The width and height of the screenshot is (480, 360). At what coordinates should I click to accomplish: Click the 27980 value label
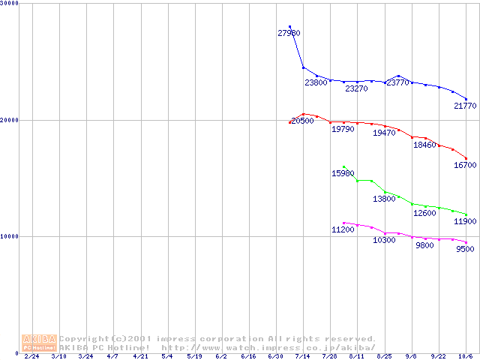(x=289, y=33)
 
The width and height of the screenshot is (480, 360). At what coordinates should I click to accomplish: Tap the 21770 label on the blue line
(x=465, y=106)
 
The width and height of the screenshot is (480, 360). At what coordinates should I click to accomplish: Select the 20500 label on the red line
(x=302, y=121)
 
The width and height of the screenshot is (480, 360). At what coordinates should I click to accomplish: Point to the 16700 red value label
(x=465, y=165)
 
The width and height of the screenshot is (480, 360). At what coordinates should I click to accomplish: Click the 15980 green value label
(x=343, y=173)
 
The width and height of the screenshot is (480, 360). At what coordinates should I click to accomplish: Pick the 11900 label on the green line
(x=465, y=222)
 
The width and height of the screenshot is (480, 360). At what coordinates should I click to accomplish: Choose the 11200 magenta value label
(x=343, y=229)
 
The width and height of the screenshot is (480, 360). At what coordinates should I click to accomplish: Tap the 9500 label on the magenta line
(x=465, y=249)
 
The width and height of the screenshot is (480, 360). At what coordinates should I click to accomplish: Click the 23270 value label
(x=356, y=88)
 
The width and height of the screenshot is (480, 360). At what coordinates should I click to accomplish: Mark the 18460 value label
(x=424, y=145)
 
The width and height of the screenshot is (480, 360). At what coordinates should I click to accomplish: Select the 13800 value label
(x=384, y=199)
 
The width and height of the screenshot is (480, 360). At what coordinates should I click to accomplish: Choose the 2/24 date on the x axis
(x=31, y=356)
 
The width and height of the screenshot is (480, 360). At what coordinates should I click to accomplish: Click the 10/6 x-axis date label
(x=465, y=356)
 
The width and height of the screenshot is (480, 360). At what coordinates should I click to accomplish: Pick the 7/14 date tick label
(x=303, y=356)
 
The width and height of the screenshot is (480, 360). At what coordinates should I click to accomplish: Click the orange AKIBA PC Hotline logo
(x=39, y=343)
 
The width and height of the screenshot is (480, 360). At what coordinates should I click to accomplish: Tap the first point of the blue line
(x=289, y=27)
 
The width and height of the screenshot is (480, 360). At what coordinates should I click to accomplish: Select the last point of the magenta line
(x=466, y=242)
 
